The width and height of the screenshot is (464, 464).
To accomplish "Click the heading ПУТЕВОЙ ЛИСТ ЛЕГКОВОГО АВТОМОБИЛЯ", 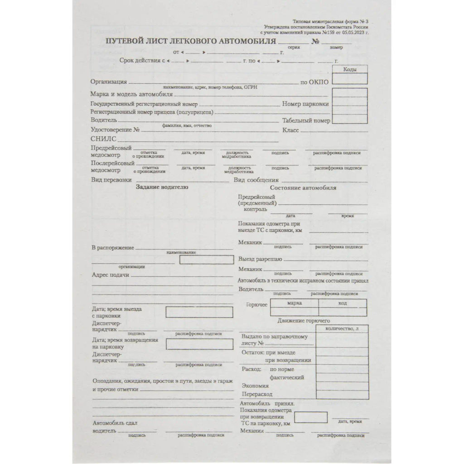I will pos(191,42).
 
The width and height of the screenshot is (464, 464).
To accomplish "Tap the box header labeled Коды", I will pos(350,69).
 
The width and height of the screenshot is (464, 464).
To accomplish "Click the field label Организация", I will pos(108,82).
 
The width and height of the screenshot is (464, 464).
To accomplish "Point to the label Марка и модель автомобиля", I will pos(131,94).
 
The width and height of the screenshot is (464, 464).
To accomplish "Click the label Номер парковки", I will pos(305,104).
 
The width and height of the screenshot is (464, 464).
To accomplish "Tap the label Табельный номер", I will pos(306,121).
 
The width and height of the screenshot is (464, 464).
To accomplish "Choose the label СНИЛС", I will pos(103,139).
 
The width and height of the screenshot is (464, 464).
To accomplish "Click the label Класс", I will pos(290,130).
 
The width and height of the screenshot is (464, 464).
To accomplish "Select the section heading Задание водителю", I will pos(162,187).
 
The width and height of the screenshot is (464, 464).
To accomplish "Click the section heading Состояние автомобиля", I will pos(303,188).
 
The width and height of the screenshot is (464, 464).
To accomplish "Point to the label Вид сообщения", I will pos(256,180).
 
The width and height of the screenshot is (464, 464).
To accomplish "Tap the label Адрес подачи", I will pos(111,275).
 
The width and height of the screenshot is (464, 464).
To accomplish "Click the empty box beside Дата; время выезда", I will pos(199,312).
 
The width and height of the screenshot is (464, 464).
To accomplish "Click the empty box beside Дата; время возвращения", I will pos(199,344).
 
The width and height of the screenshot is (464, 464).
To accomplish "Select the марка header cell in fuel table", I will pos(295,303).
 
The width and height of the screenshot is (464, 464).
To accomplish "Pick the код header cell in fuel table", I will pos(343,303).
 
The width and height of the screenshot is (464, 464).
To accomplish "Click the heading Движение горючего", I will pos(304,321).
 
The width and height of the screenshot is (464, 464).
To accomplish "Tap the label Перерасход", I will pos(256,394).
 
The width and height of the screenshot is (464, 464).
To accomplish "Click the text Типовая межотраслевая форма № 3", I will pos(331,21).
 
